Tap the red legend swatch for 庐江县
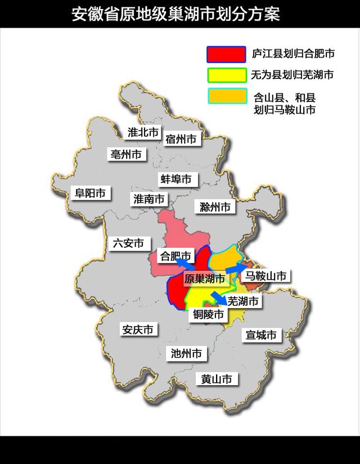(226, 54)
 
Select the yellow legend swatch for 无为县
(226, 75)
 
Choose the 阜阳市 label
(91, 193)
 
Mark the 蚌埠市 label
(176, 179)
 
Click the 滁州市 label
(215, 207)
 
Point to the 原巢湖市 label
(205, 279)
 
